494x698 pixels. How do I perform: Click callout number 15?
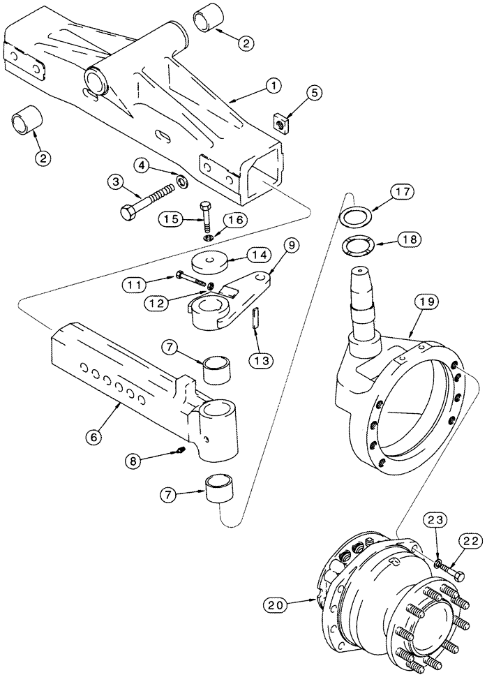coord(170,218)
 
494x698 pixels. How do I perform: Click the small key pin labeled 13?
coord(255,318)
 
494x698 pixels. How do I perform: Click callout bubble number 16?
coord(234,218)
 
